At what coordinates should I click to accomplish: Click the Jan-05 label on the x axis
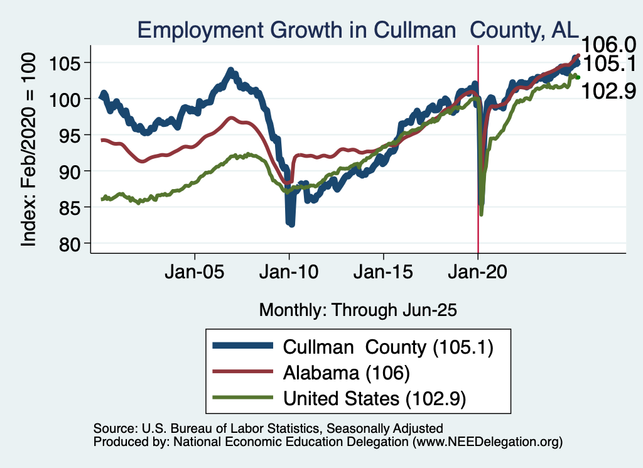click(x=195, y=273)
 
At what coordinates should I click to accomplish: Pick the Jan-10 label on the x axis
click(x=289, y=273)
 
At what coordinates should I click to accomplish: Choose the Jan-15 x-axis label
click(x=384, y=273)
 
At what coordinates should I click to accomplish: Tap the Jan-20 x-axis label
click(x=478, y=273)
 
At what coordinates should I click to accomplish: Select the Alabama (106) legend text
click(x=347, y=373)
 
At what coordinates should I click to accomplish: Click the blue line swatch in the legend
click(x=243, y=346)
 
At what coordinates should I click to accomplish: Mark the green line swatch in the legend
click(x=243, y=398)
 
